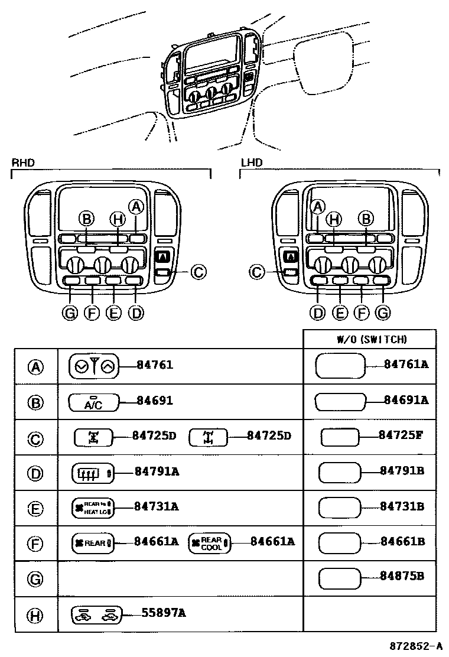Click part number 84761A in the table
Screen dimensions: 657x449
[405, 365]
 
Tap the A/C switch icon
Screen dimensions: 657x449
[93, 402]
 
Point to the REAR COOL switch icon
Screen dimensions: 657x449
[210, 543]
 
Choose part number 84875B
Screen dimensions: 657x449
[402, 576]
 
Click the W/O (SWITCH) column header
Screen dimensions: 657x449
[372, 339]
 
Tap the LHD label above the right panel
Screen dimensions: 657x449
[251, 162]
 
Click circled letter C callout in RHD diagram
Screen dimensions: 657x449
[199, 272]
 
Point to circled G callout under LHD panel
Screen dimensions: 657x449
[383, 313]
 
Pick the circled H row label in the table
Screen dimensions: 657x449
[35, 615]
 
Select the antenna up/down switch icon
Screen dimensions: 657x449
[94, 366]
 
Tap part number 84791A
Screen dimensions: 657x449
[157, 471]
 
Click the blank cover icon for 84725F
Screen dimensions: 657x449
[339, 437]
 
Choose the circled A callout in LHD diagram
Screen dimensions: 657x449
[318, 206]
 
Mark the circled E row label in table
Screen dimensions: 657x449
[35, 508]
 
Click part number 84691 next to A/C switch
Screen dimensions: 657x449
[154, 401]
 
